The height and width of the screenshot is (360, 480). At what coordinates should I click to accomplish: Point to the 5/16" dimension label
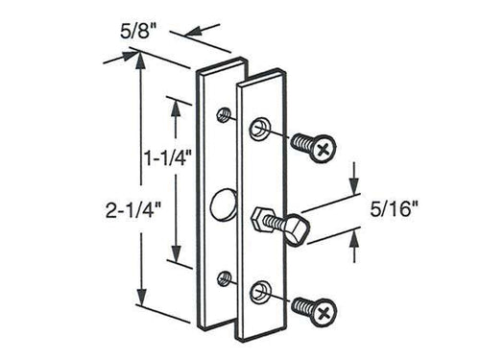(394, 210)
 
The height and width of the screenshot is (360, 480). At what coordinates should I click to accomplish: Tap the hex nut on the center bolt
(262, 223)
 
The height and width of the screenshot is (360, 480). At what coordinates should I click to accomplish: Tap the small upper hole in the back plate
(224, 115)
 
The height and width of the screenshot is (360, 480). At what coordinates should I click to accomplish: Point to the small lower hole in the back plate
(224, 278)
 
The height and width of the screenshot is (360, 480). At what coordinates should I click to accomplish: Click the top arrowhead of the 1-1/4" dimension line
(174, 104)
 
